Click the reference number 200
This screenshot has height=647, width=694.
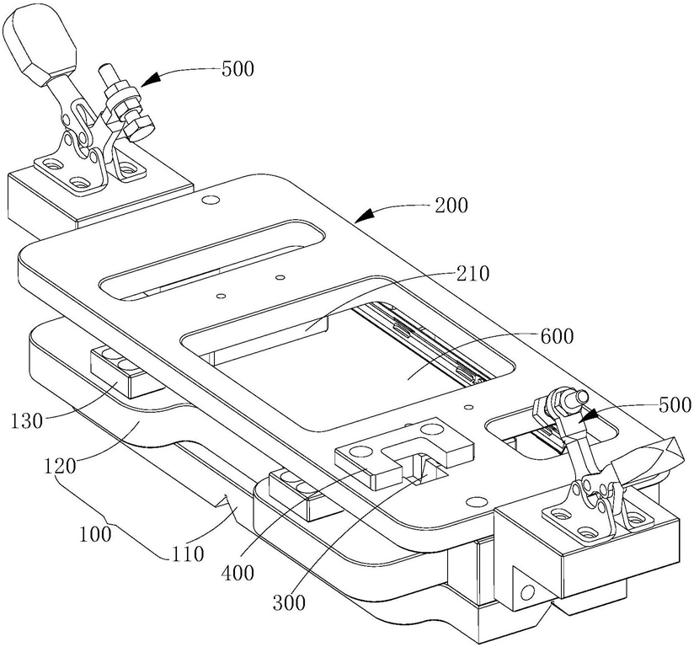tap(451, 206)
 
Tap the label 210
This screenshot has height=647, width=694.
tap(473, 274)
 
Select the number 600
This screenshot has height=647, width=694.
tap(557, 337)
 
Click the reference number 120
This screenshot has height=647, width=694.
tap(60, 467)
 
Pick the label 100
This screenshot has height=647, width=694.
tap(96, 534)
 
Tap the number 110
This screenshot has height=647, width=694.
tap(187, 554)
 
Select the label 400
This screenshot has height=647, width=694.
tap(238, 574)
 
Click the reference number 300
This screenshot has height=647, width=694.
tap(289, 602)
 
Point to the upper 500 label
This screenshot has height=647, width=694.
tap(238, 69)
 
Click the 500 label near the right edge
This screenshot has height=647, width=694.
tap(675, 404)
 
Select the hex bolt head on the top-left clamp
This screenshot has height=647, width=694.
tap(139, 127)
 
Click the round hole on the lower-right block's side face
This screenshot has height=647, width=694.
tap(528, 591)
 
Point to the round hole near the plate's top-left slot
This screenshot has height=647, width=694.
tap(210, 200)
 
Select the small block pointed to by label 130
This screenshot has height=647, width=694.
tap(127, 372)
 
